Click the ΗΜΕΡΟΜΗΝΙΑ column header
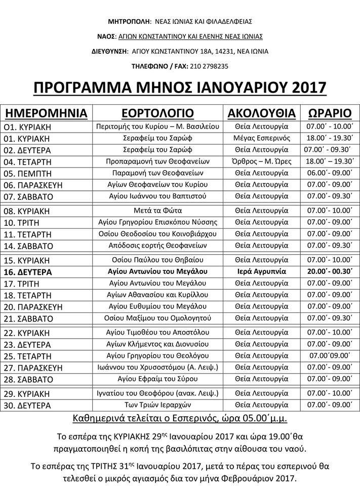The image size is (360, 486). click(x=46, y=112)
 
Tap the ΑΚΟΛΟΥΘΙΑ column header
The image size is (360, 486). click(x=261, y=112)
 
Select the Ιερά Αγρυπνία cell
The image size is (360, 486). click(x=261, y=271)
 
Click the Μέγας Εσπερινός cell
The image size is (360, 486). click(x=261, y=138)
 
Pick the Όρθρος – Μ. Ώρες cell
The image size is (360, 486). click(x=261, y=161)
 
